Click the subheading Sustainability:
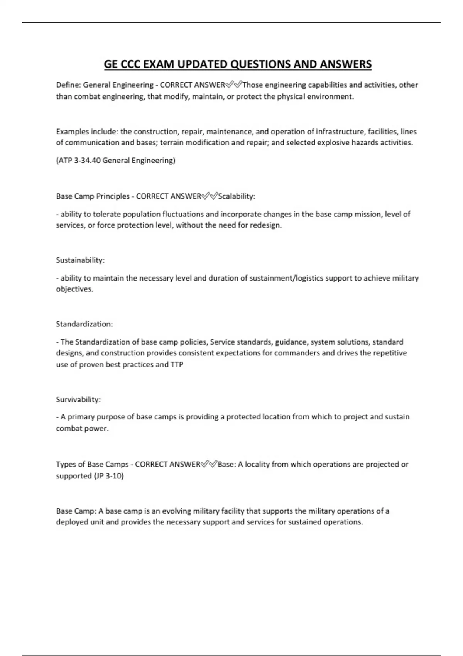[x=80, y=260]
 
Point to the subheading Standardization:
[x=84, y=324]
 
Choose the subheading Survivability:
[x=78, y=400]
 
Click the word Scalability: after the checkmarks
[x=237, y=196]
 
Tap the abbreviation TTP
[x=177, y=365]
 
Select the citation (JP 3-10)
[x=109, y=476]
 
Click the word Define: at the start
[x=68, y=85]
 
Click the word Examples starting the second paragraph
[x=72, y=132]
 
